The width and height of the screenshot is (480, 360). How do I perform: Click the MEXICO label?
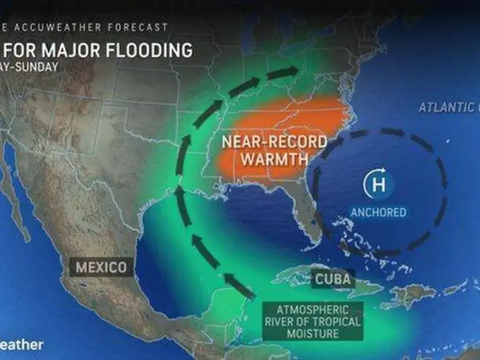101,266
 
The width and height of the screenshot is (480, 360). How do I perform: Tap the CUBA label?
333,278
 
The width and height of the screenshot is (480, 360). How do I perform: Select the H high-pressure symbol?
378,185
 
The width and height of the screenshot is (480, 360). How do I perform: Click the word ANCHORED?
378,212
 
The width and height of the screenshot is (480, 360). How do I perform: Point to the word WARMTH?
273,159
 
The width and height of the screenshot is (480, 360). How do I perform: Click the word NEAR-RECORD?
274,142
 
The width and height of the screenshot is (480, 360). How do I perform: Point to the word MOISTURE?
312,333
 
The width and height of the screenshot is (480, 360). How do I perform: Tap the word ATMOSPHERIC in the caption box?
313,309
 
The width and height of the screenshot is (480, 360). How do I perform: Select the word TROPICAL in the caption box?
335,322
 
